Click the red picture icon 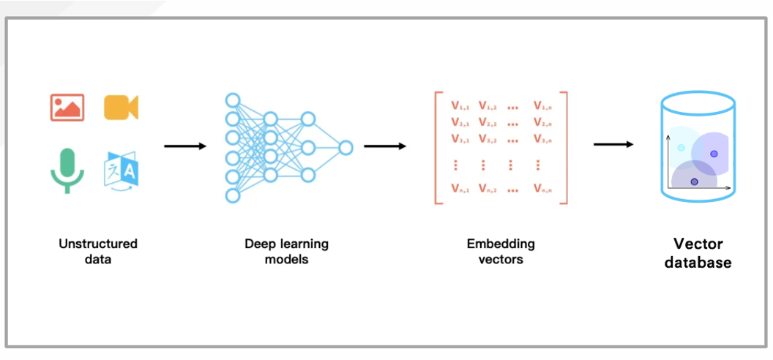click(x=67, y=107)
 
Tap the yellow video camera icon click(x=121, y=107)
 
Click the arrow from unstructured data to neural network click(x=185, y=146)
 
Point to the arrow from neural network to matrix click(x=384, y=146)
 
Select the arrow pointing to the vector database click(x=613, y=144)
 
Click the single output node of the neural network click(x=346, y=148)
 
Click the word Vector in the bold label click(x=698, y=244)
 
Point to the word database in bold click(x=698, y=262)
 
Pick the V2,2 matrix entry click(x=488, y=122)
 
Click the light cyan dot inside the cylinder click(x=681, y=148)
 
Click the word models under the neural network click(x=286, y=259)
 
